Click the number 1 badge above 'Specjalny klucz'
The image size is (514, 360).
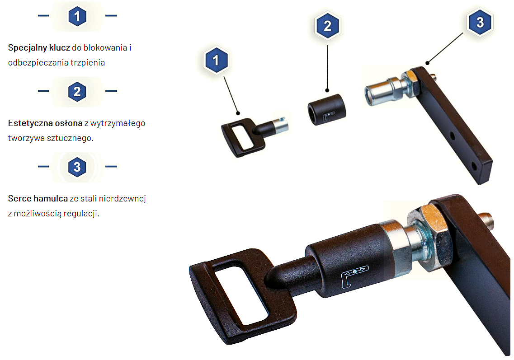pos(77,16)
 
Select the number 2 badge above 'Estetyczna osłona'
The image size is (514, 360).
pos(77,92)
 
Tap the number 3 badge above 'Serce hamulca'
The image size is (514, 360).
pos(77,167)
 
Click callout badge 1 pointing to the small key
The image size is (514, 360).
pos(216,61)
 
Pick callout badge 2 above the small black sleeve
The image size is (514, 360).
pos(328,26)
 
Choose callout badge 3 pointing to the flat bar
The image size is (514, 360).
pos(480,23)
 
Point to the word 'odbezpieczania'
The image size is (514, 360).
pos(34,63)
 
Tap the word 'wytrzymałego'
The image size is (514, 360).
pos(118,123)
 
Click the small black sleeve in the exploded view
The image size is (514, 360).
pos(326,111)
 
